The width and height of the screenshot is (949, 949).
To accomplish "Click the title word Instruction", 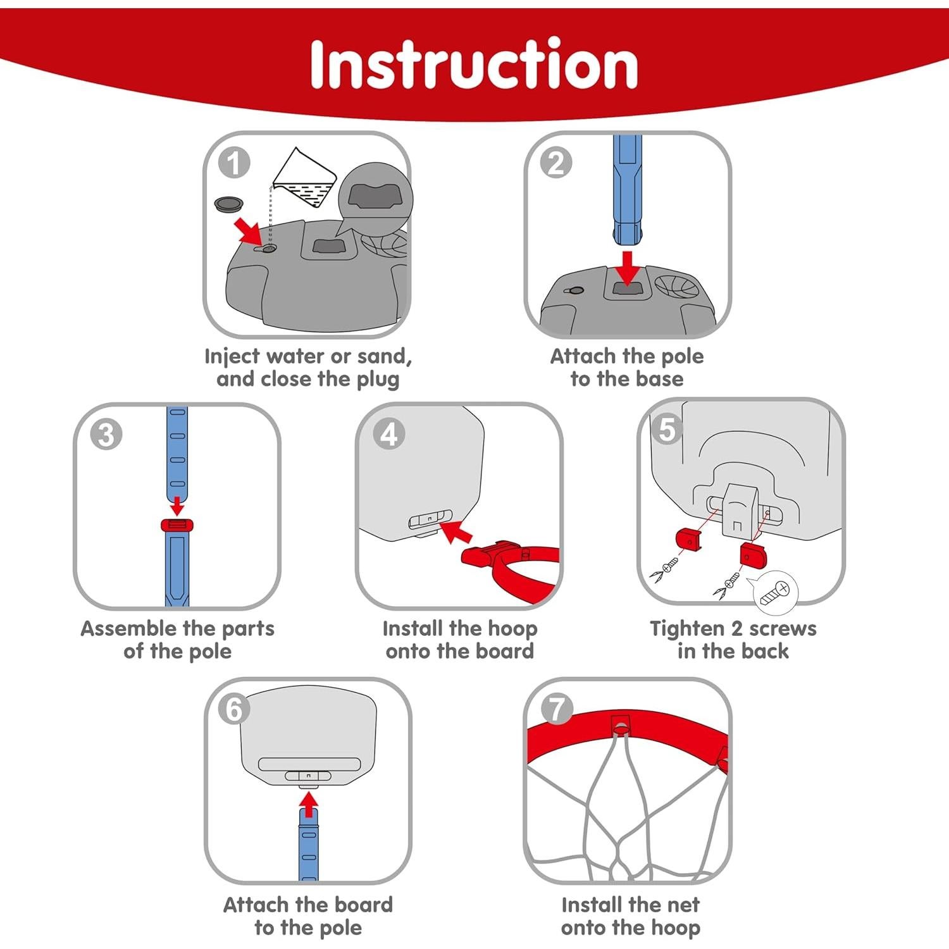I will pyautogui.click(x=473, y=64).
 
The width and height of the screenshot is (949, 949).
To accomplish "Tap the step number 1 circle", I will pyautogui.click(x=234, y=163).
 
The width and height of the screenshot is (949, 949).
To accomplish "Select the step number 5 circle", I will pyautogui.click(x=667, y=429).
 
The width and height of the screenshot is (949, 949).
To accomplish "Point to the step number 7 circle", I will pyautogui.click(x=556, y=709).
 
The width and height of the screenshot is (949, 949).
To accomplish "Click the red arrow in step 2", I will pyautogui.click(x=628, y=268).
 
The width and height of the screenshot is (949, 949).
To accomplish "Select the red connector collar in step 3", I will pyautogui.click(x=177, y=524).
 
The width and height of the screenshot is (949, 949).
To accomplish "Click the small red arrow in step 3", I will pyautogui.click(x=178, y=505).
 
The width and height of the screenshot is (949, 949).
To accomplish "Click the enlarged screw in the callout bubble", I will pyautogui.click(x=775, y=592).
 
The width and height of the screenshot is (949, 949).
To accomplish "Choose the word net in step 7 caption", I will pyautogui.click(x=685, y=905).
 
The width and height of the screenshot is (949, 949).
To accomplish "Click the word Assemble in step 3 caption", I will pyautogui.click(x=130, y=629).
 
